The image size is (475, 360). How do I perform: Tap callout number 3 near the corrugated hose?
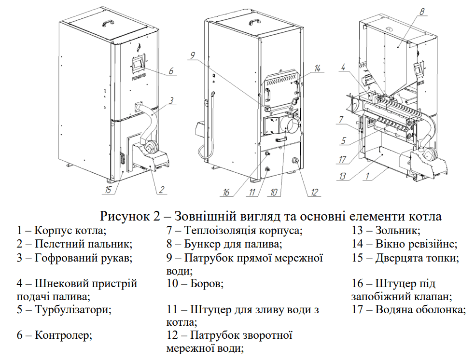(171, 102)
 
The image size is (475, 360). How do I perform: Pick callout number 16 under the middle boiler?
(226, 193)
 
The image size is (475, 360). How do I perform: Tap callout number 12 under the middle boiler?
(314, 193)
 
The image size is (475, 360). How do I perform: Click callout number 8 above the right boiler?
(422, 12)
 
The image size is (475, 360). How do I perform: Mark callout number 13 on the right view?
(342, 177)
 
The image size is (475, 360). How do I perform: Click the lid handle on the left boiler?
(107, 22)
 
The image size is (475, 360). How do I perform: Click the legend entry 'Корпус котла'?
(65, 231)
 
